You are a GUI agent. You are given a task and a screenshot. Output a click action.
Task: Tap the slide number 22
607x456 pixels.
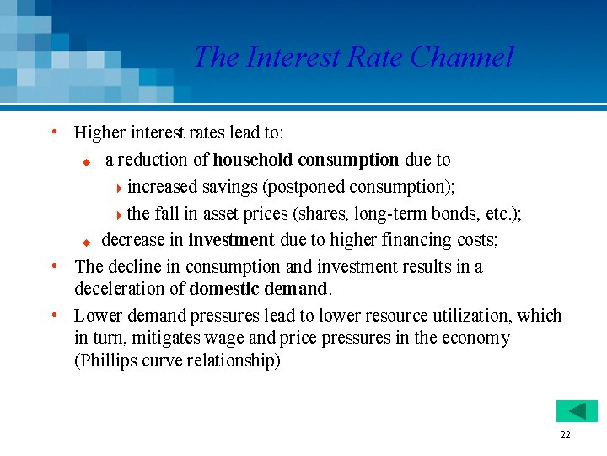565,435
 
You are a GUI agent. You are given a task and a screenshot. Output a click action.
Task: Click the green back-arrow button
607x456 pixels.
577,411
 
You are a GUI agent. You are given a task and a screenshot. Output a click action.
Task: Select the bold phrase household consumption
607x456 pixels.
306,160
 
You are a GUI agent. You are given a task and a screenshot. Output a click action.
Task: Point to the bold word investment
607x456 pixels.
231,240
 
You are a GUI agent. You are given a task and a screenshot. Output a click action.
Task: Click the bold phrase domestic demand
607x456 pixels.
259,289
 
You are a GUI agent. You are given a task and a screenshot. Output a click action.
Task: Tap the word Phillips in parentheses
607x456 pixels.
110,361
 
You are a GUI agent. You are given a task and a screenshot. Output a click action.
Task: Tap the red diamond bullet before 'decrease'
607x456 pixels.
85,242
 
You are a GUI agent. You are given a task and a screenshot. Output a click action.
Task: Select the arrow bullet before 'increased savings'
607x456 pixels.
119,187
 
